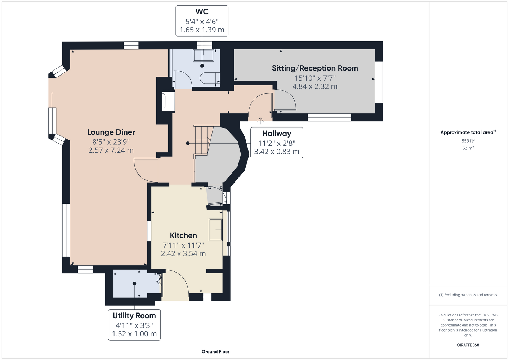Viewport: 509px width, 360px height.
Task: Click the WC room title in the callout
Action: pos(202,12)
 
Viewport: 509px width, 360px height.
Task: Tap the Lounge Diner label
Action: pos(111,132)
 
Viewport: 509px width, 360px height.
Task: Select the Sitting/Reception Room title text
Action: pos(315,68)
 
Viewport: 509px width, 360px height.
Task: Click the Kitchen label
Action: pos(183,235)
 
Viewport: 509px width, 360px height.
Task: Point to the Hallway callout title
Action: pos(277,134)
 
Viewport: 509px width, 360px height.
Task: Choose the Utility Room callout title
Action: pos(134,316)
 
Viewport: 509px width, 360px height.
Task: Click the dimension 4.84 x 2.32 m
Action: pos(315,86)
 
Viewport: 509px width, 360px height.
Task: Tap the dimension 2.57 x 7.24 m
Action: pos(111,150)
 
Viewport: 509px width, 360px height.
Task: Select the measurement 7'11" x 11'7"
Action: pos(183,245)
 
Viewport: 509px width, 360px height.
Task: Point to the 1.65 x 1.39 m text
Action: pos(202,30)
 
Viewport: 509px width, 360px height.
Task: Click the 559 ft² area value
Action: pos(468,141)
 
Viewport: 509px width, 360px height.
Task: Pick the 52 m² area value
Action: pos(468,148)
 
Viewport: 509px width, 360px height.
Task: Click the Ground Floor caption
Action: pos(215,352)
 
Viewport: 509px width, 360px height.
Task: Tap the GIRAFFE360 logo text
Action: pos(468,345)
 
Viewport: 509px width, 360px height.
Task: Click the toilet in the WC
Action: pos(210,78)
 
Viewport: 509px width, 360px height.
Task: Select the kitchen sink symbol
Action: pos(215,230)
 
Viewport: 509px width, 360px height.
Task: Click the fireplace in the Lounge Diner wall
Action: pos(168,101)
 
